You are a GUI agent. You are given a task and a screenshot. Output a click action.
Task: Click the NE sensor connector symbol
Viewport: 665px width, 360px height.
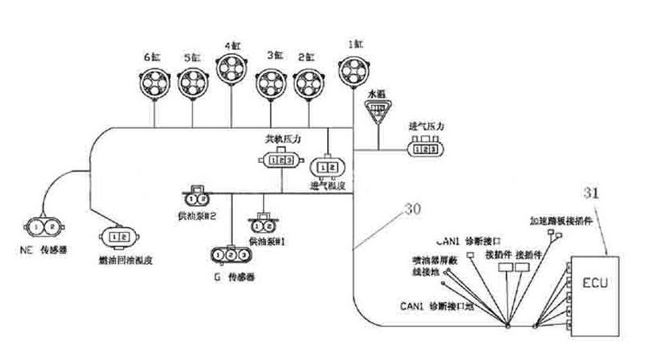pos(43,226)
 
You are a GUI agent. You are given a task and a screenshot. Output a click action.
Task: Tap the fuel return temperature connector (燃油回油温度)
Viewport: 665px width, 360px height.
pos(117,236)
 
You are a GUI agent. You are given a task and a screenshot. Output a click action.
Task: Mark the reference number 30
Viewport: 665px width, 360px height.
pos(412,210)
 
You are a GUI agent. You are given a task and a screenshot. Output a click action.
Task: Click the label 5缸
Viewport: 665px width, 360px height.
pos(191,57)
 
